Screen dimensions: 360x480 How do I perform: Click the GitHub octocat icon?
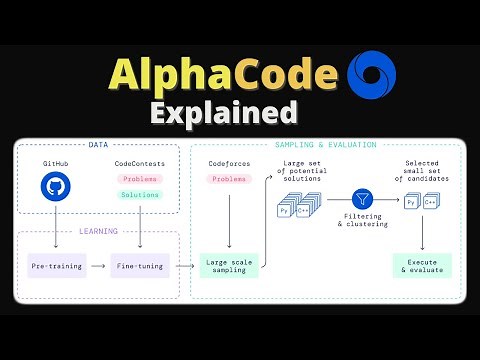click(57, 187)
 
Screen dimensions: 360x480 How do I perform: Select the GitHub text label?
click(57, 161)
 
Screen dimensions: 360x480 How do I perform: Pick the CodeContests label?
click(139, 161)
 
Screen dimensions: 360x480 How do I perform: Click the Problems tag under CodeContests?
click(139, 178)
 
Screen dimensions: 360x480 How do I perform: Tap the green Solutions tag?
click(139, 195)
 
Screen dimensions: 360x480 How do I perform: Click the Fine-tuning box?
click(139, 266)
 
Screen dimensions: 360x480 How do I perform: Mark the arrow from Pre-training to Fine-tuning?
click(97, 266)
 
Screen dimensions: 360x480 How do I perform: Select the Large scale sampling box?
click(231, 266)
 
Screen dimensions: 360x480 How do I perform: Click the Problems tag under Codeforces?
click(229, 178)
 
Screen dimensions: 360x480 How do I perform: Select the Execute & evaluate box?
click(421, 266)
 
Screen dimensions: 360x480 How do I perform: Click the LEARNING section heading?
click(98, 232)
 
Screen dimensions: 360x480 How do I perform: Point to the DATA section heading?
click(98, 145)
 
